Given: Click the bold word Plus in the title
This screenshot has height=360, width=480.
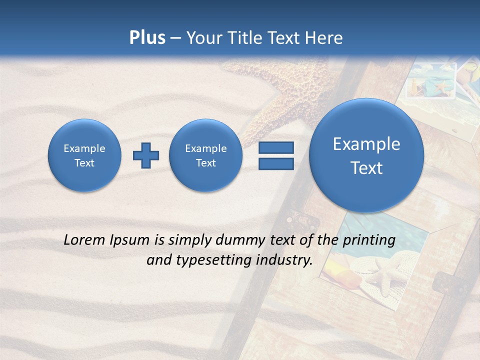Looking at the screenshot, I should click(x=147, y=38).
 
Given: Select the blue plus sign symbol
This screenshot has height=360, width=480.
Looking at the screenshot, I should click(x=146, y=155).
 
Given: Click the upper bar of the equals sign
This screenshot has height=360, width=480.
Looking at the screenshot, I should click(x=276, y=147).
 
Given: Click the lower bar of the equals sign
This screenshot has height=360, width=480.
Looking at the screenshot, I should click(x=276, y=164).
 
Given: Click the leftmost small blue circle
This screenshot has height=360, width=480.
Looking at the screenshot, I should click(x=84, y=155).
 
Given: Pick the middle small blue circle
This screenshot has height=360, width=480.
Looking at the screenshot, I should click(x=206, y=155).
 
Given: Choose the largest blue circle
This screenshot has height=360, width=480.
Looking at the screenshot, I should click(x=366, y=155).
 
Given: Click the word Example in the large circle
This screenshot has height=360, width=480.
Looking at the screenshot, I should click(x=366, y=144).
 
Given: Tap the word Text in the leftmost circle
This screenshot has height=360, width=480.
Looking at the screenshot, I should click(x=84, y=163).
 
